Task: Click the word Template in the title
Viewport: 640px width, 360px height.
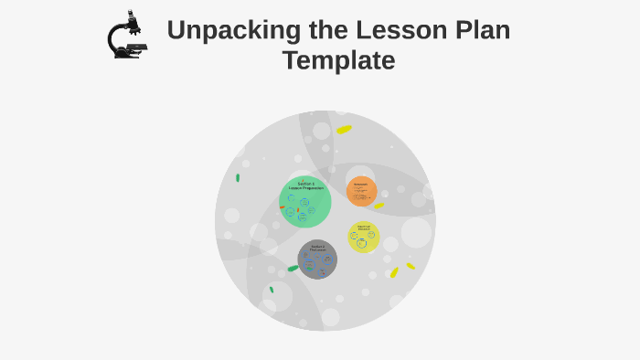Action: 338,61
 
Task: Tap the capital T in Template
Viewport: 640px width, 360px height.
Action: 291,61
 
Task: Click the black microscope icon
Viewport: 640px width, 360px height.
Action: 127,36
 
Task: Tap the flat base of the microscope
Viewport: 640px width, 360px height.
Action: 128,54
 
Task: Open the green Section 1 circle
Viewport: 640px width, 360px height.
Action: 305,202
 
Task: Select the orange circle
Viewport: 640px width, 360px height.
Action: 362,191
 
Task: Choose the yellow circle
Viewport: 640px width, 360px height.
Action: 363,238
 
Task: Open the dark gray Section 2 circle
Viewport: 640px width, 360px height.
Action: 317,259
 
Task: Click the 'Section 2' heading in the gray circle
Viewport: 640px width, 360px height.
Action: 317,247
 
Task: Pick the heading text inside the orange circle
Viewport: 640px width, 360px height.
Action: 361,184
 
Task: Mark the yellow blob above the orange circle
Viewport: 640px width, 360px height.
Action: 344,130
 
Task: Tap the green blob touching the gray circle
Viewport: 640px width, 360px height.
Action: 293,269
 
